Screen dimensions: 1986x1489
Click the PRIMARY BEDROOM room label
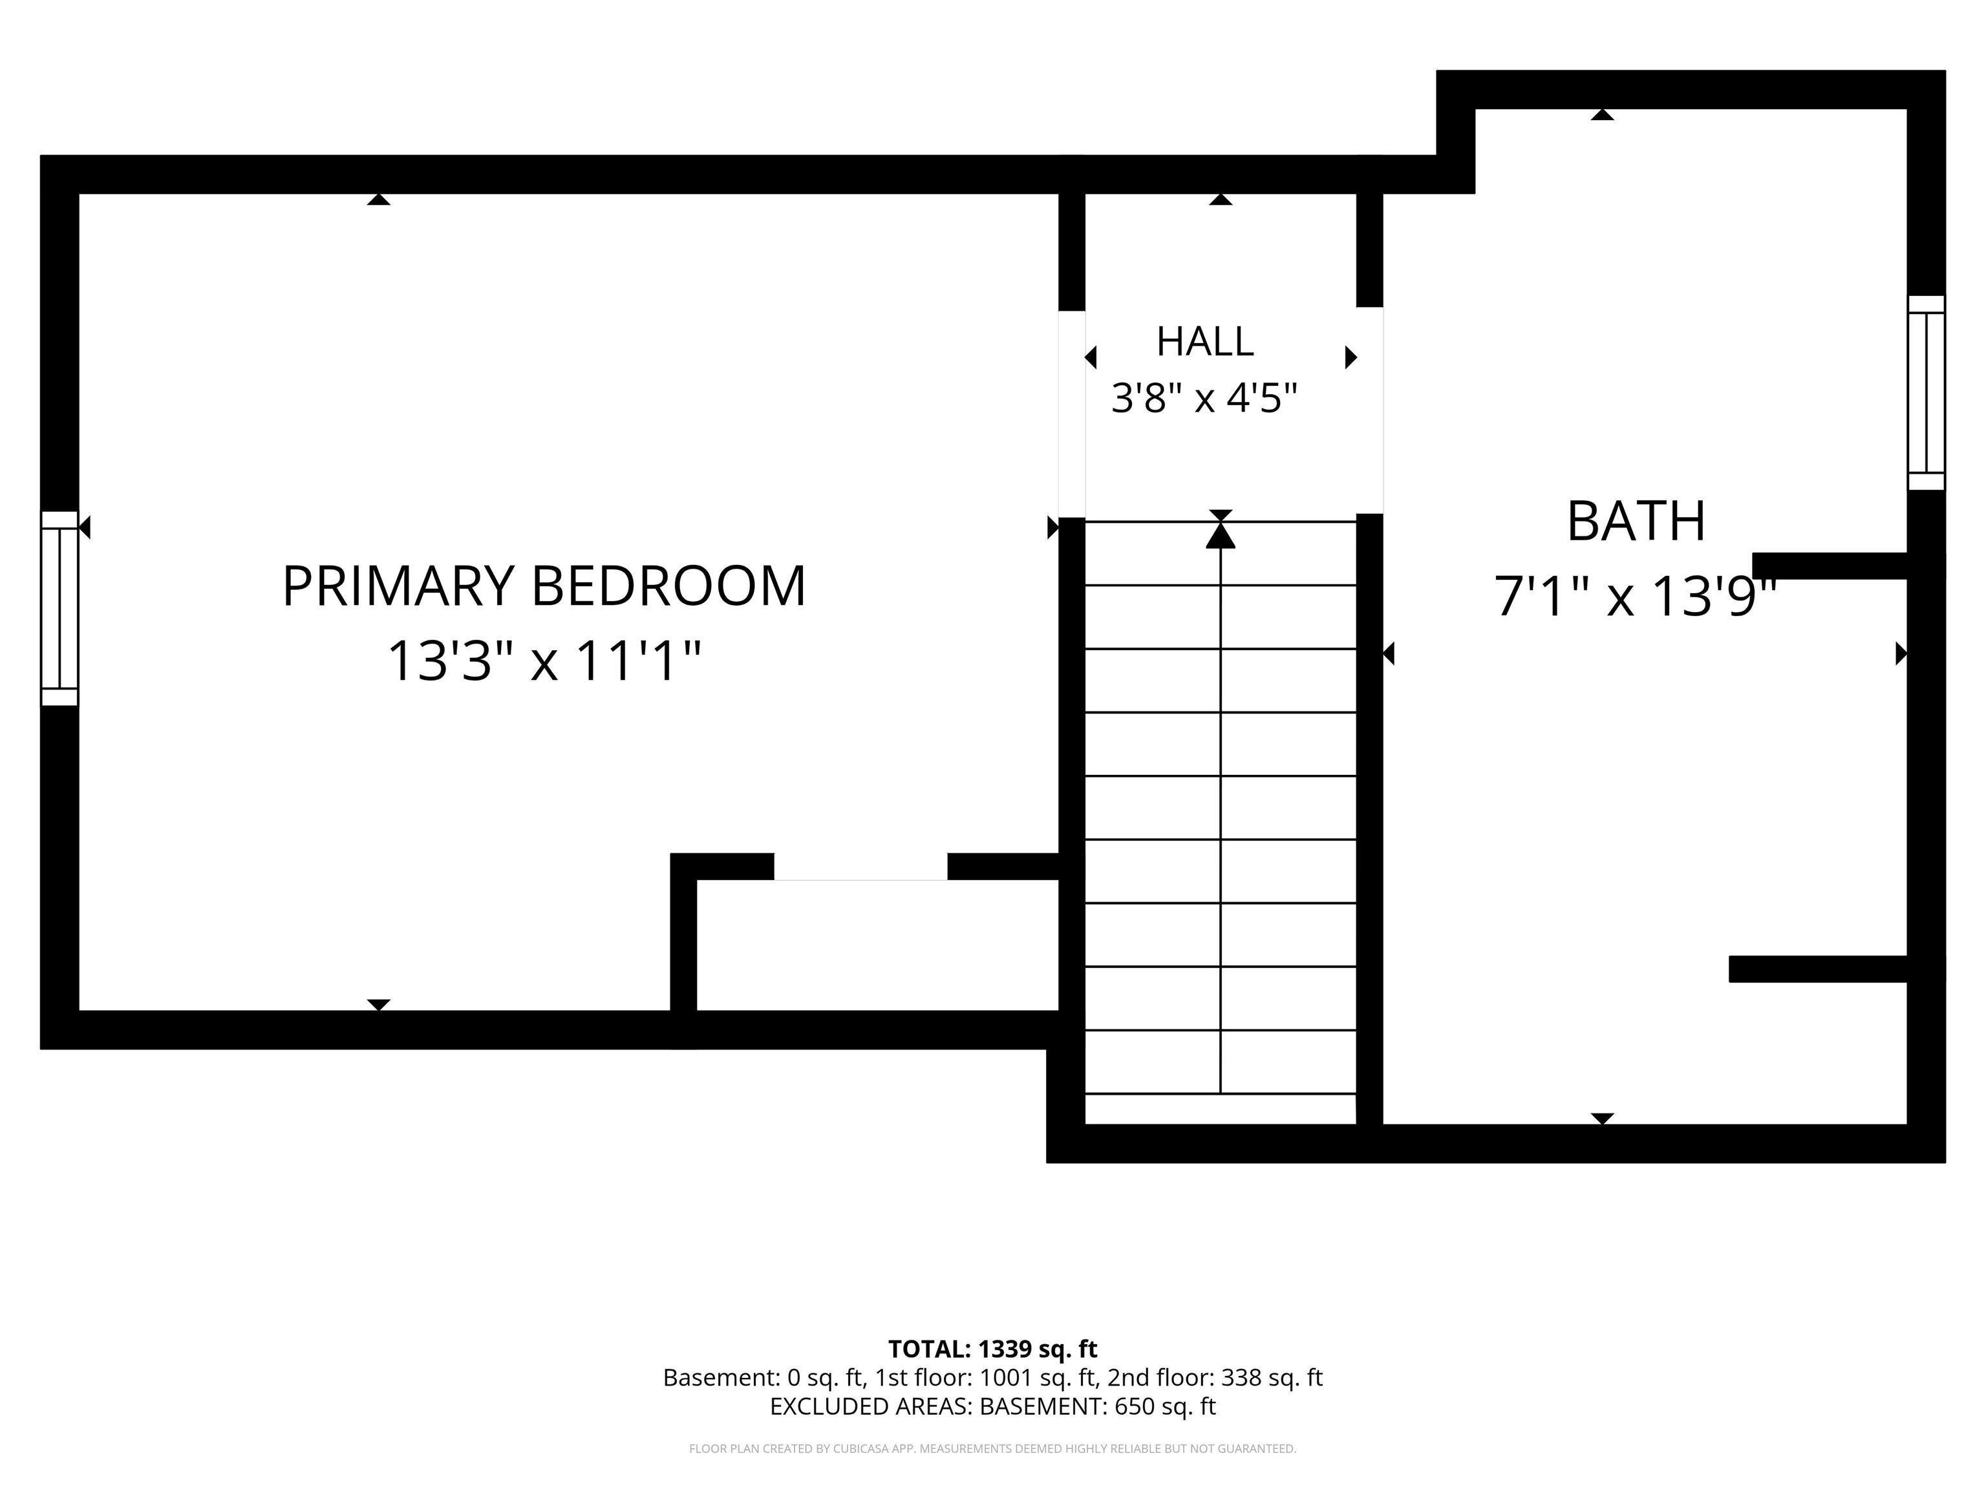(544, 586)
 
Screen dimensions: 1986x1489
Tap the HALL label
(1205, 341)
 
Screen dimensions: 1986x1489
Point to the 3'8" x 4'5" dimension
(1205, 397)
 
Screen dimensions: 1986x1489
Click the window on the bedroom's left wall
(59, 609)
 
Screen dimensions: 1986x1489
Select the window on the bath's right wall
(1926, 393)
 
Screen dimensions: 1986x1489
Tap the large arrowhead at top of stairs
(1220, 535)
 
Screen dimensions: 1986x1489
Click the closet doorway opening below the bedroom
(860, 867)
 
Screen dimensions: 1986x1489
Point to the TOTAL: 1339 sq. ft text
(993, 1349)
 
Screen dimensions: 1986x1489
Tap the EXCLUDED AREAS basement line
(993, 1406)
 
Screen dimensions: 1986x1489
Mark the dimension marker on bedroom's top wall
(379, 199)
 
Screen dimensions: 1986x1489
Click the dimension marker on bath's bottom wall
(1603, 1118)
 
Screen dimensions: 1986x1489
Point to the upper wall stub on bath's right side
(1830, 566)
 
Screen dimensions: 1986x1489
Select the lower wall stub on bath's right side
(1818, 969)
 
